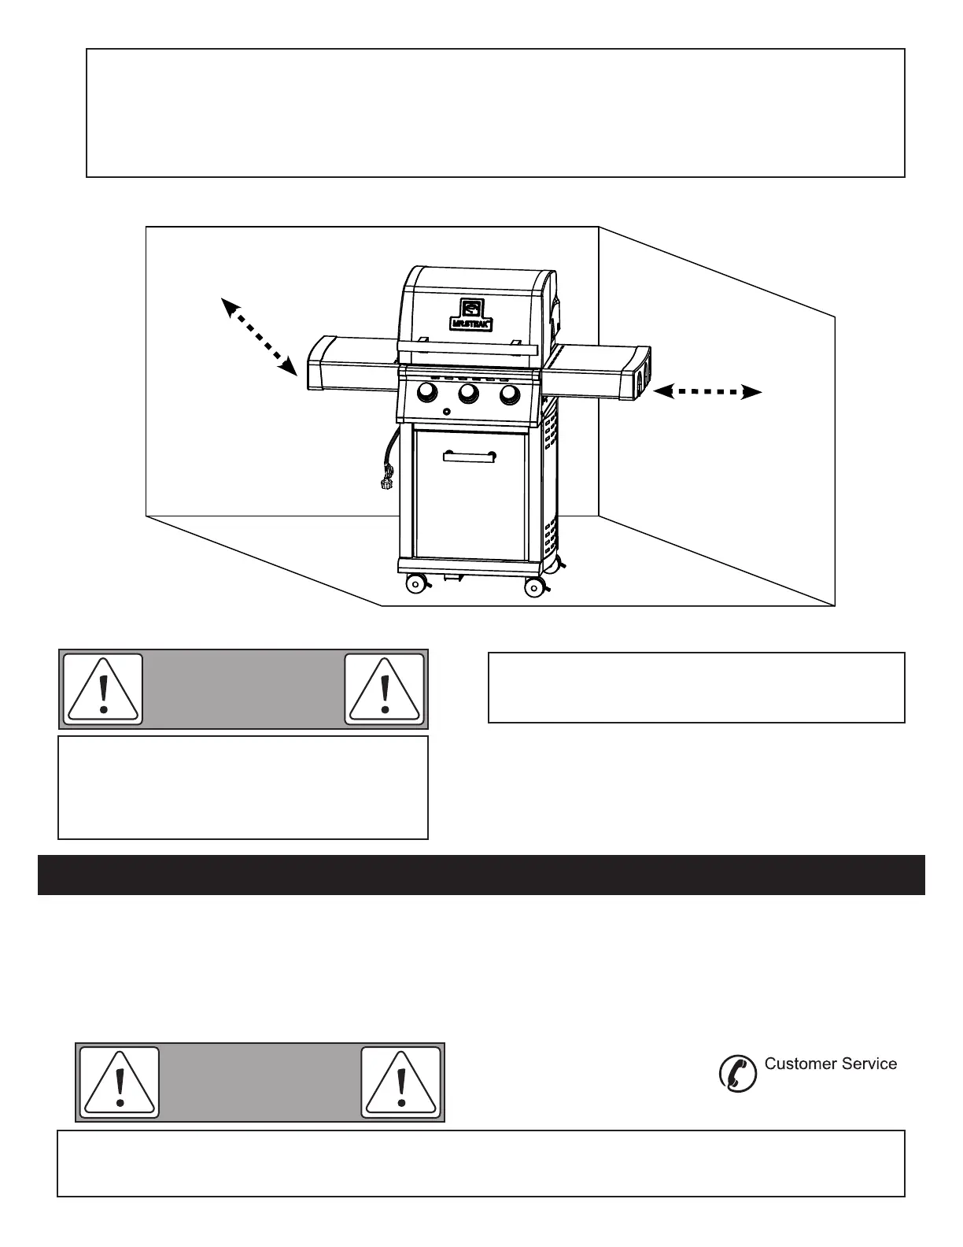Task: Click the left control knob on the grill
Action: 427,392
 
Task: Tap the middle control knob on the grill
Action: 469,393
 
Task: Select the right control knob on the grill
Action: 510,393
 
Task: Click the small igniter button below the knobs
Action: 446,412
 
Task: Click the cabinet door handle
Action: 469,457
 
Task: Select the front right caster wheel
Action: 534,586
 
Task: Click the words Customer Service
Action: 831,1064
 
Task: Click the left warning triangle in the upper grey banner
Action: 103,689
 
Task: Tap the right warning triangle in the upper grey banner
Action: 385,689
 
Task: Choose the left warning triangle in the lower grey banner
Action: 120,1082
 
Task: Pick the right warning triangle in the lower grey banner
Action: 401,1082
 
